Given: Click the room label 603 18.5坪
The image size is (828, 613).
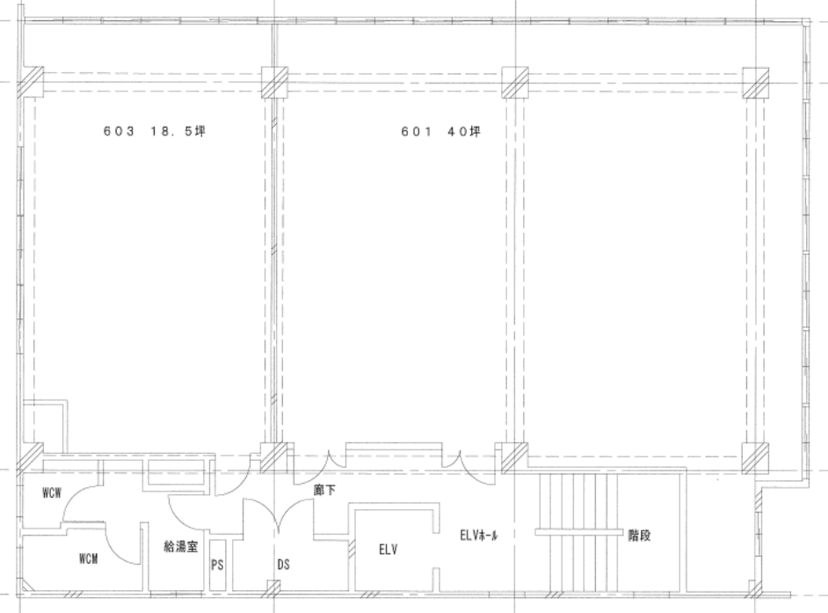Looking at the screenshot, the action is tap(154, 131).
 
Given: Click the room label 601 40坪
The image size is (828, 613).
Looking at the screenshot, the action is tap(441, 131).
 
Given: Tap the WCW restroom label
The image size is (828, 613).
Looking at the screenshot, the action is tap(52, 493).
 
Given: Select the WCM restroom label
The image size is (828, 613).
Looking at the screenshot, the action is tap(88, 558).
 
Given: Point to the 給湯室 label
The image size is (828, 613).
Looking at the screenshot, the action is tap(180, 546).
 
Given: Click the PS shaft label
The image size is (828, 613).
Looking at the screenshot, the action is tap(217, 565).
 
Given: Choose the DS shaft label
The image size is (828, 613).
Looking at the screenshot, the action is tap(284, 565).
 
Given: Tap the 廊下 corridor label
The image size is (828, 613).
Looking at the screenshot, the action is tap(324, 491).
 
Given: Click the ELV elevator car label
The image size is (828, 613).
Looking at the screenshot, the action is tap(389, 550).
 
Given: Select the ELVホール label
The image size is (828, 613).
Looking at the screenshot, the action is tap(478, 536).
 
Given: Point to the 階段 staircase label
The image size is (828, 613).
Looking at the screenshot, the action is tap(639, 536).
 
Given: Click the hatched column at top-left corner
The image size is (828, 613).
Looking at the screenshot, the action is tap(31, 83).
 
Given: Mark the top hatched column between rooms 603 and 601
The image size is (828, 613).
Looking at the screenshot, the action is tap(275, 83).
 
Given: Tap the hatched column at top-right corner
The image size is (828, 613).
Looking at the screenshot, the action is tap(756, 83).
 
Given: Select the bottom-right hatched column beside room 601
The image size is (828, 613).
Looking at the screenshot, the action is tap(755, 457).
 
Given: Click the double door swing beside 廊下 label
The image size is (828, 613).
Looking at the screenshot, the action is tap(278, 515).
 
